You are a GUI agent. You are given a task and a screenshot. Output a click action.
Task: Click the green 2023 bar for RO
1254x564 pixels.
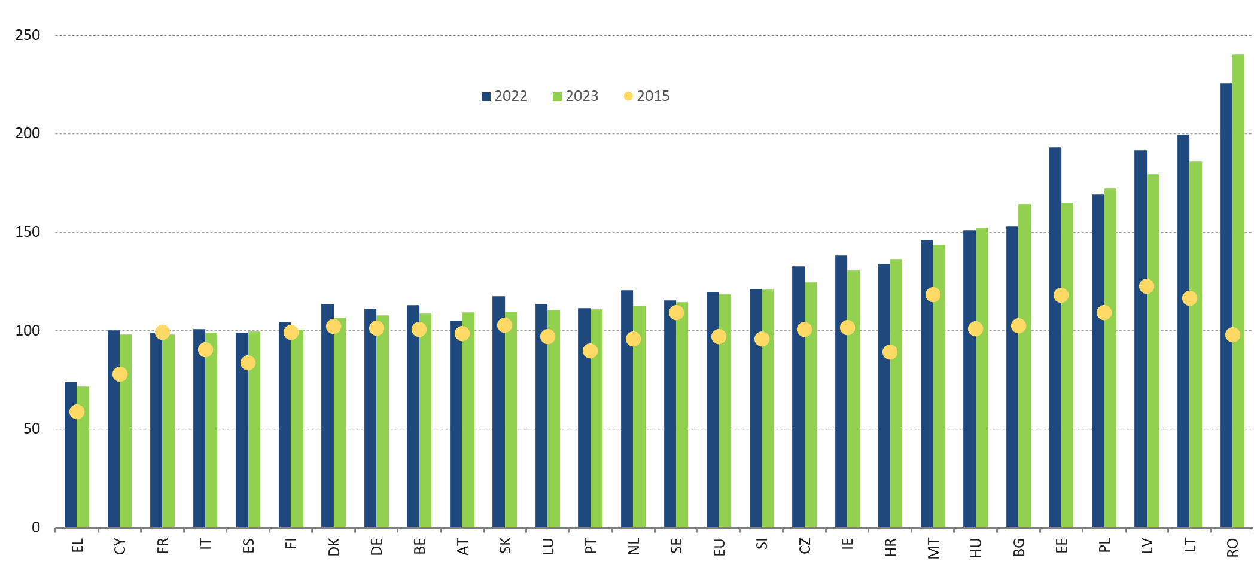tap(1238, 287)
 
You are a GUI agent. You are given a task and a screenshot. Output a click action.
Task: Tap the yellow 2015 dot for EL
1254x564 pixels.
tap(77, 411)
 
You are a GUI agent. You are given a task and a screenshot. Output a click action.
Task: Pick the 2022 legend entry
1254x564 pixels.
tap(504, 96)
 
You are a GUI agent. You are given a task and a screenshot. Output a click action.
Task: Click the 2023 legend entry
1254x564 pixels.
tap(576, 96)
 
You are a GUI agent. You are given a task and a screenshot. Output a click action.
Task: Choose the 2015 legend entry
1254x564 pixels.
tap(647, 96)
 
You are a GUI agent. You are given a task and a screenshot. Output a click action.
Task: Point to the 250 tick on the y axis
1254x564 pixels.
tap(28, 35)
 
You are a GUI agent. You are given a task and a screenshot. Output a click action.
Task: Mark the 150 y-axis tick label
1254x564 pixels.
tap(28, 232)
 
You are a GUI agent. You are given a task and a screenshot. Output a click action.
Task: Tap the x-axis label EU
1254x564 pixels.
tap(719, 546)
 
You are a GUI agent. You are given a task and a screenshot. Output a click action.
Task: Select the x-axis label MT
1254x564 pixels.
tap(933, 547)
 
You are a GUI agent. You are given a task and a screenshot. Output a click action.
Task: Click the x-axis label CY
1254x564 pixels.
tap(120, 546)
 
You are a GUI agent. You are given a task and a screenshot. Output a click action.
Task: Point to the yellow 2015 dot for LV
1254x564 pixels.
tap(1146, 286)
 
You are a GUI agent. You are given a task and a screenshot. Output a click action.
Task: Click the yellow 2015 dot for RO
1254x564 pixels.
tap(1232, 335)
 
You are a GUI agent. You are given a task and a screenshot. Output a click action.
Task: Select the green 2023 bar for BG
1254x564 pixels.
tap(1024, 365)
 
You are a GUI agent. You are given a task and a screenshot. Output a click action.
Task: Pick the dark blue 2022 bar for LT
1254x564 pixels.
tap(1183, 329)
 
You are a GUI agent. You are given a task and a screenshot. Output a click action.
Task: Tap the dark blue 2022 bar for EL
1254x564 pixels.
tap(71, 455)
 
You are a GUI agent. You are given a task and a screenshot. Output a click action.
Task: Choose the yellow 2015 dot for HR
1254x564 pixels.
tap(890, 352)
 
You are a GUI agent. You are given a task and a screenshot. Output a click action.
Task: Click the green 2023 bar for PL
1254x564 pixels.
tap(1110, 359)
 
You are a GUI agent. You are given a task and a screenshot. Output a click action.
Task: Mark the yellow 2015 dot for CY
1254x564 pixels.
tap(120, 374)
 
